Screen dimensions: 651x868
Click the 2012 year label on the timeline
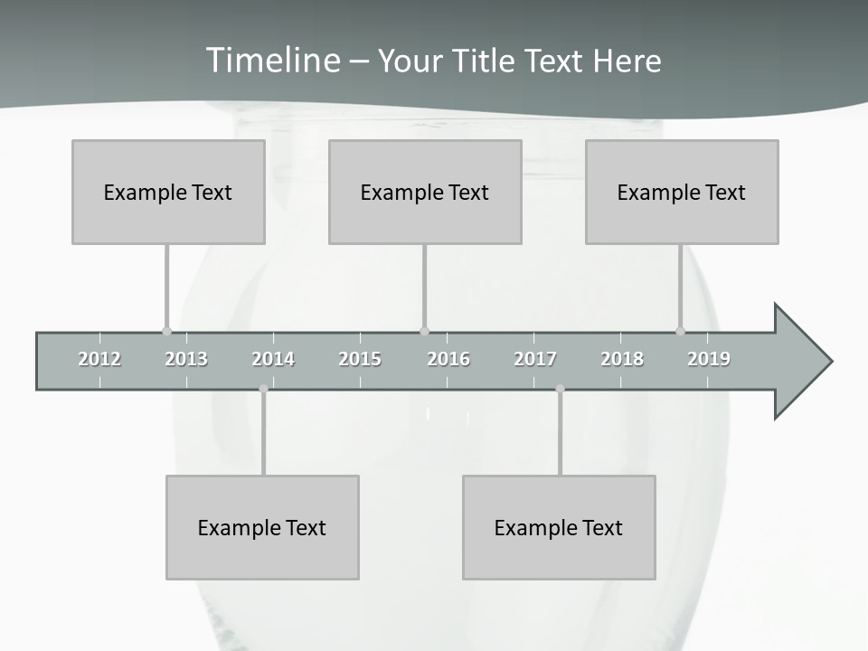click(99, 359)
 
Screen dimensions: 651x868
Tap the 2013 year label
click(186, 359)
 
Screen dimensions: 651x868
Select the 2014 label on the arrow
click(273, 359)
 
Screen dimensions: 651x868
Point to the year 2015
click(360, 359)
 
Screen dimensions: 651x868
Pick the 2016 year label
click(448, 359)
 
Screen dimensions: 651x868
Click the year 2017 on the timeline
click(535, 359)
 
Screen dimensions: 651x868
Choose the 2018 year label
click(622, 359)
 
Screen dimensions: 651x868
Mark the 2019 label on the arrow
click(709, 359)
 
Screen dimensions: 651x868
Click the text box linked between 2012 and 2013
click(168, 192)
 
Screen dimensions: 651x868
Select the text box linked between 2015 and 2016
click(425, 192)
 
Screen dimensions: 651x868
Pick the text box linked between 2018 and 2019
click(682, 192)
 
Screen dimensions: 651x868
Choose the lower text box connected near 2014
click(262, 527)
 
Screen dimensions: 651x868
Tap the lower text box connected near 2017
click(559, 527)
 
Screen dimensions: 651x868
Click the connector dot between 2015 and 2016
click(425, 331)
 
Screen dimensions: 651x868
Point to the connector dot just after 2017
click(560, 389)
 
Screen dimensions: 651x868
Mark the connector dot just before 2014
click(263, 389)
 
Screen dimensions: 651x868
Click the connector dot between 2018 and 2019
click(681, 331)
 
